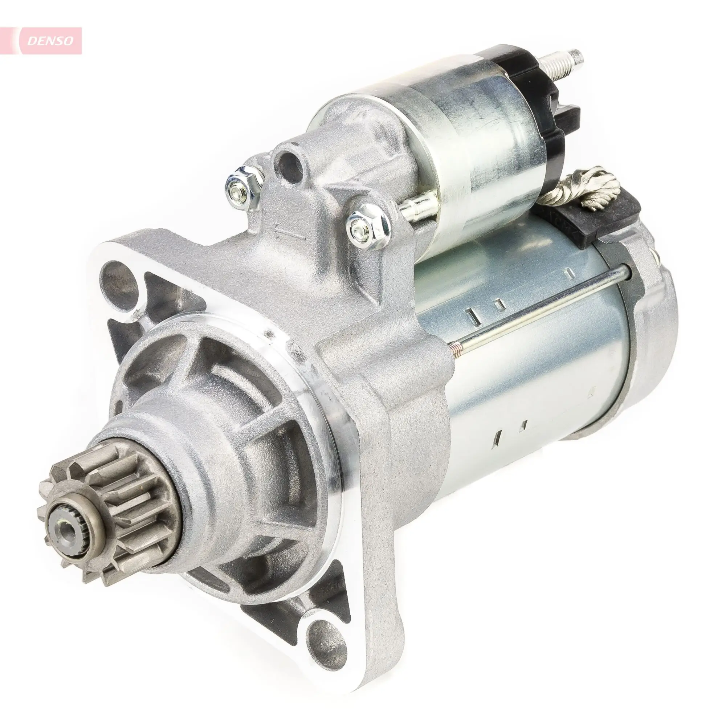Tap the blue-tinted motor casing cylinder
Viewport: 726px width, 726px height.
526,376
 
